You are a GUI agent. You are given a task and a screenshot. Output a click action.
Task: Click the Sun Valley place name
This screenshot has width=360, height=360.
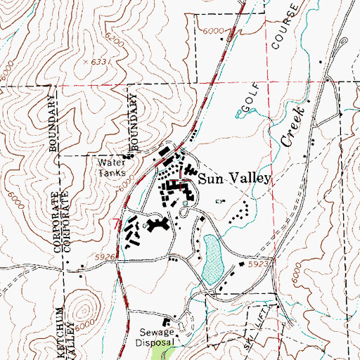(233, 179)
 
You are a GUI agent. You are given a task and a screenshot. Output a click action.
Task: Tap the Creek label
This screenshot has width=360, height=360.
(294, 127)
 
